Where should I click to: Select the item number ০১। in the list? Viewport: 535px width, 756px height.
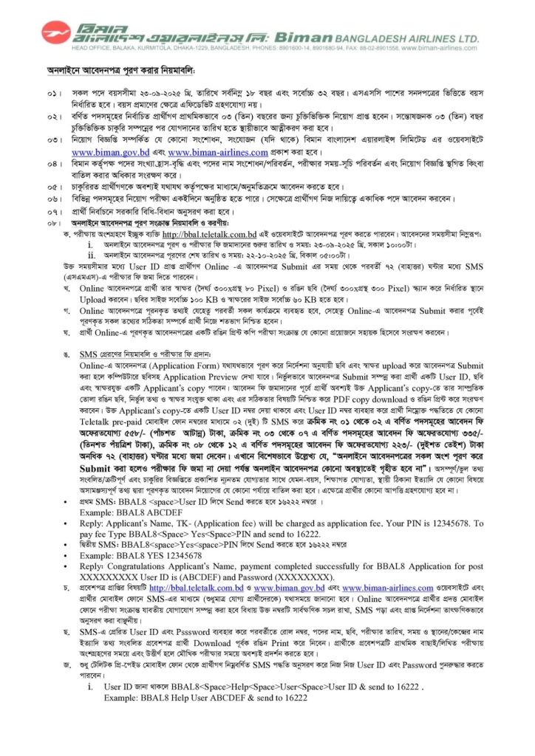(x=50, y=96)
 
